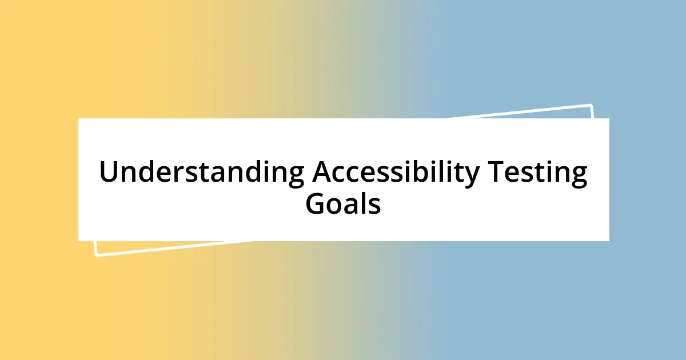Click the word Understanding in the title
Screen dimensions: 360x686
(201, 173)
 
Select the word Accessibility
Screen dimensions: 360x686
(395, 173)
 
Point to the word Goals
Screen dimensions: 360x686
(343, 204)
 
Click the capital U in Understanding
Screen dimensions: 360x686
(109, 172)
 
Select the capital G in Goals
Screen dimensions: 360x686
(316, 204)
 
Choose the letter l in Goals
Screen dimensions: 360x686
(361, 203)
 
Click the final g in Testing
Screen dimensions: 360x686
(579, 176)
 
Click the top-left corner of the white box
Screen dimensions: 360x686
(78, 118)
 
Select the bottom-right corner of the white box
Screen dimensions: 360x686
(609, 241)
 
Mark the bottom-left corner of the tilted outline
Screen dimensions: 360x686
(96, 255)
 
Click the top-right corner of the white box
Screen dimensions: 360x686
(609, 118)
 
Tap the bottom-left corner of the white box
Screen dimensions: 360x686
(78, 241)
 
